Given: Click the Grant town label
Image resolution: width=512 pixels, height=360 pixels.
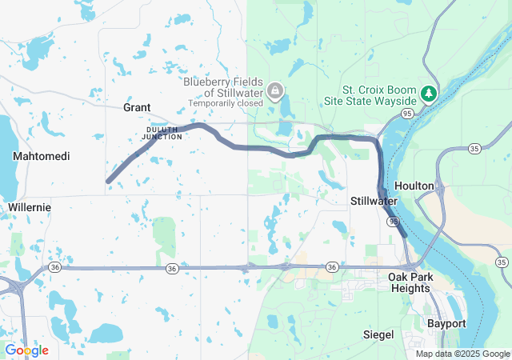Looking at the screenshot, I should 137,107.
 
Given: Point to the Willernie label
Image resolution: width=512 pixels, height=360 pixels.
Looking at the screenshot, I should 30,207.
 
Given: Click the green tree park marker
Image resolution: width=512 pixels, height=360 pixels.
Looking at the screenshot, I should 430,94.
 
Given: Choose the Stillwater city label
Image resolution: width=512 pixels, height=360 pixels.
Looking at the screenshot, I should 374,200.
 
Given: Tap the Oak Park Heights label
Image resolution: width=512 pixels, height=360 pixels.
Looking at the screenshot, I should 410,282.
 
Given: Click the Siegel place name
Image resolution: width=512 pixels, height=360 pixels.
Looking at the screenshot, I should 378,333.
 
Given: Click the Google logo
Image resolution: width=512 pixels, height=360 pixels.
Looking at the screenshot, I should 26,350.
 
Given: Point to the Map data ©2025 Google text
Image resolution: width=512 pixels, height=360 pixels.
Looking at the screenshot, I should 462,354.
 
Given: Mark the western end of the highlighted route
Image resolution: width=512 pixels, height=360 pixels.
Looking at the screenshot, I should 109,181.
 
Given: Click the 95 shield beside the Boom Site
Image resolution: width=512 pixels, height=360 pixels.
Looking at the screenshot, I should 408,114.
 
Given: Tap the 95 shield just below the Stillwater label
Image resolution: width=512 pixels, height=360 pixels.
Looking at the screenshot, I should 393,219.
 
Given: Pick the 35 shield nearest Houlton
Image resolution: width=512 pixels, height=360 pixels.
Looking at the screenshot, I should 474,149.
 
